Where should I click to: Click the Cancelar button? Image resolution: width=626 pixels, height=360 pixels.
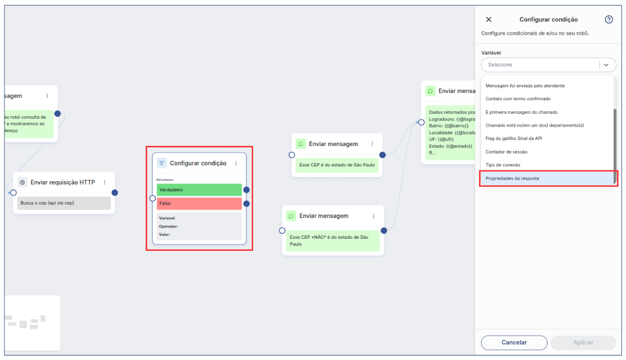point(514,343)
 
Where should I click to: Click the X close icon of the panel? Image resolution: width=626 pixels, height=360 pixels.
point(488,19)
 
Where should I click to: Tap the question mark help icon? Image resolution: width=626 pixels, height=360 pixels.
point(609,19)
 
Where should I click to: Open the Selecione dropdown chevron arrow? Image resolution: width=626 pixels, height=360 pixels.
point(606,65)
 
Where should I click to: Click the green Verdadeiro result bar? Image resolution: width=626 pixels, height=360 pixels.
point(199,190)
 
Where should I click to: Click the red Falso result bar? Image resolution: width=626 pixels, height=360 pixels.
point(199,204)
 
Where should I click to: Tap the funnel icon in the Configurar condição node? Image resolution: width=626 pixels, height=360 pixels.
point(161,163)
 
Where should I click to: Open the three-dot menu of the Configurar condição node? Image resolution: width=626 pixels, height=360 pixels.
point(236,163)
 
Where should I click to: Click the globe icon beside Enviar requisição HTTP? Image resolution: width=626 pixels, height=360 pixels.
point(22,182)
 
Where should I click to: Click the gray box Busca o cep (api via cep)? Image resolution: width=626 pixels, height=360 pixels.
point(64,203)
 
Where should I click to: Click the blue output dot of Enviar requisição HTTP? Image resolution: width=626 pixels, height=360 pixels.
point(115,193)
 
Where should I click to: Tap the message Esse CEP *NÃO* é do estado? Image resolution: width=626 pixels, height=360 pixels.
point(333,241)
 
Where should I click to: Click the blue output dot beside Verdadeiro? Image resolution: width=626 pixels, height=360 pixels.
point(246,190)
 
